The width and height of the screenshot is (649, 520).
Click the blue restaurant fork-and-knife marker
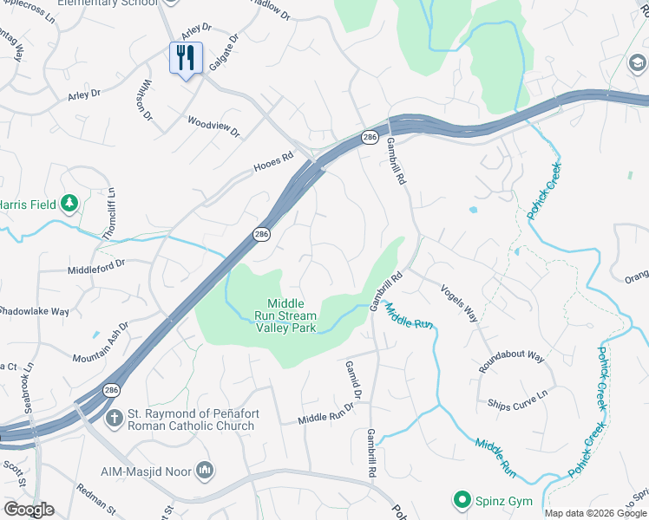point(186,59)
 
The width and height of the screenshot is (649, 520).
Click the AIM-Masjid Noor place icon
point(205,470)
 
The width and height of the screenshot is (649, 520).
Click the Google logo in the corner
point(28,510)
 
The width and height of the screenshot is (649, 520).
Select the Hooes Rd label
point(274,162)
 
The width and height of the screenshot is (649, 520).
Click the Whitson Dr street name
point(146,100)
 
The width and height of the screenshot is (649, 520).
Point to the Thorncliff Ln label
point(109,214)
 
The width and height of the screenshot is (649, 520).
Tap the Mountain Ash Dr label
point(101,343)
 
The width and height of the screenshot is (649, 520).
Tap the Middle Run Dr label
point(327,418)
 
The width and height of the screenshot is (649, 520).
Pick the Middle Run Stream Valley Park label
point(285,315)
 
